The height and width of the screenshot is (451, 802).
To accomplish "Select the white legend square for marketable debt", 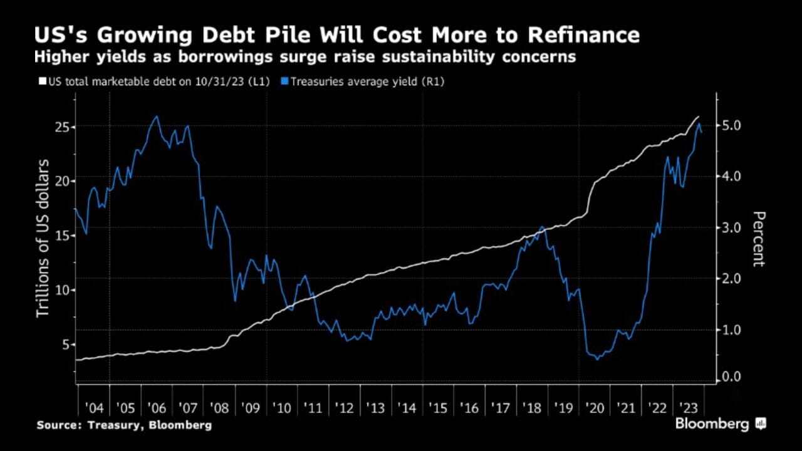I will coord(43,81).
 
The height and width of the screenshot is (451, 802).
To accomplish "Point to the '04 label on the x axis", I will coord(94,408).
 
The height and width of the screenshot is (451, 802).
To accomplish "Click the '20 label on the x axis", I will coord(595,408).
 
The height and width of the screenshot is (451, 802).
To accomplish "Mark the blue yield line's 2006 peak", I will coord(156,117).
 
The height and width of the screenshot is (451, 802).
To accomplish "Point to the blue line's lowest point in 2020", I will coord(596,359).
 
